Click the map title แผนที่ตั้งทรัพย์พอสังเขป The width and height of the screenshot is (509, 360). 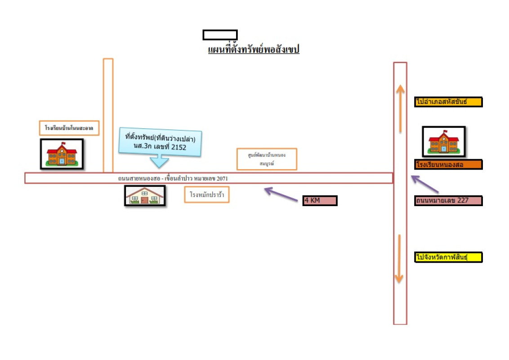tap(254, 49)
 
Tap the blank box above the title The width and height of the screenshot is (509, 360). tap(220, 35)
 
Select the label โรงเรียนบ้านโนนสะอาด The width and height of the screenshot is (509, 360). tap(69, 128)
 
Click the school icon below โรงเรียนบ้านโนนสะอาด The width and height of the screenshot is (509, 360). tap(62, 154)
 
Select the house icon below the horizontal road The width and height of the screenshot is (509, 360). tap(144, 196)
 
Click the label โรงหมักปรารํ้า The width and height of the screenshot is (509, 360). tap(207, 195)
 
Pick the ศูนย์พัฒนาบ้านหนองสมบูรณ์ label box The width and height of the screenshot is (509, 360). tap(267, 159)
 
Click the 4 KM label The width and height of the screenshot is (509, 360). tap(320, 201)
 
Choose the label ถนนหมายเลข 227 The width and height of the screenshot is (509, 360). tap(448, 201)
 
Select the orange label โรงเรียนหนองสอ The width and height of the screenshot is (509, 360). tap(448, 164)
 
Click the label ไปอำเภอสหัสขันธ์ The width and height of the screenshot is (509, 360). tap(448, 102)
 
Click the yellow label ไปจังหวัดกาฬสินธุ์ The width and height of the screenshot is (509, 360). tap(448, 257)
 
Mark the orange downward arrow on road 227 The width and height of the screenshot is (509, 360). tap(399, 260)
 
